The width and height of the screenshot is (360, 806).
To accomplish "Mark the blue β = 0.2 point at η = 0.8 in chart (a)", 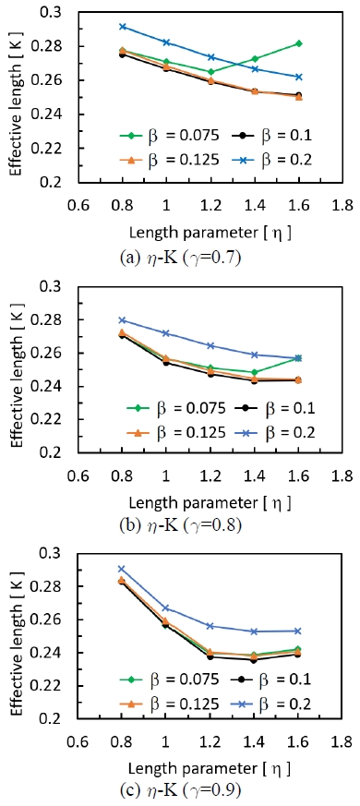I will (x=123, y=27).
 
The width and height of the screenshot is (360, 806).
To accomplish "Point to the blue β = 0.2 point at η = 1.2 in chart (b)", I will (x=211, y=345).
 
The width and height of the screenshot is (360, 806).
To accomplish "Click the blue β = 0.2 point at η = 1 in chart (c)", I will (x=166, y=608).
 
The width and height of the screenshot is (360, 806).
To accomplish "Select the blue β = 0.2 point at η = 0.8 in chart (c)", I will (x=122, y=569).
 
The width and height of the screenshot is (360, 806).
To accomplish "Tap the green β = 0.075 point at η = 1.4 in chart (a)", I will (x=256, y=58).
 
